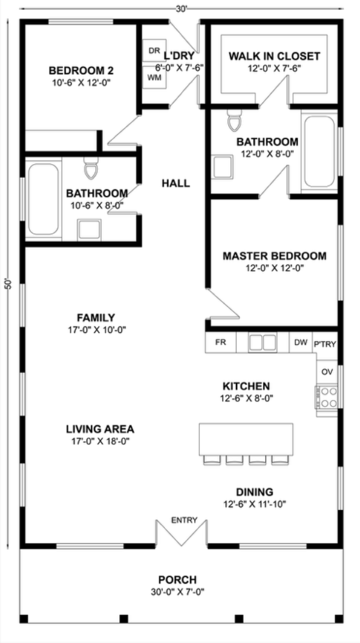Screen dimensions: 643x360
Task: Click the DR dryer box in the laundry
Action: click(x=153, y=50)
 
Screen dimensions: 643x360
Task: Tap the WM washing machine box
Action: click(x=153, y=78)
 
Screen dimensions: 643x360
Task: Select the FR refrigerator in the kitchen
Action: click(x=220, y=342)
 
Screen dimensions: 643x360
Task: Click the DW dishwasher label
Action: click(x=301, y=342)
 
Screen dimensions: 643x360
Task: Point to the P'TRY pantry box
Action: click(x=326, y=344)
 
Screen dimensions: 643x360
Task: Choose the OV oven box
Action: click(x=327, y=372)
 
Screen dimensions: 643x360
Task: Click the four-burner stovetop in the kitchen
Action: click(x=327, y=397)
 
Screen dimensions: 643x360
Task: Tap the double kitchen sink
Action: click(x=262, y=342)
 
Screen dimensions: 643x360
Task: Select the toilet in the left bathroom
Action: click(x=91, y=169)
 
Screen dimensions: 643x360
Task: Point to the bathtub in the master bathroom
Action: click(x=320, y=151)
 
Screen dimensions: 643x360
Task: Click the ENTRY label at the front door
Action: click(x=184, y=520)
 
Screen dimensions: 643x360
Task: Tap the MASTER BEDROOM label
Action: click(x=274, y=256)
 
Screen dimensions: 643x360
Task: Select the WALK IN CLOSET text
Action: click(x=274, y=57)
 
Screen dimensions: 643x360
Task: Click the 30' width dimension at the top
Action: click(x=181, y=9)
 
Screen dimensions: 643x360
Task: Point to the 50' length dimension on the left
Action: click(x=8, y=283)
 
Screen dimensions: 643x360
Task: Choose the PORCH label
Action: click(x=177, y=580)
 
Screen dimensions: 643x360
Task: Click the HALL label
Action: click(x=176, y=183)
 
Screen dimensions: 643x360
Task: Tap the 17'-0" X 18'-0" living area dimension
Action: click(x=100, y=441)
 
